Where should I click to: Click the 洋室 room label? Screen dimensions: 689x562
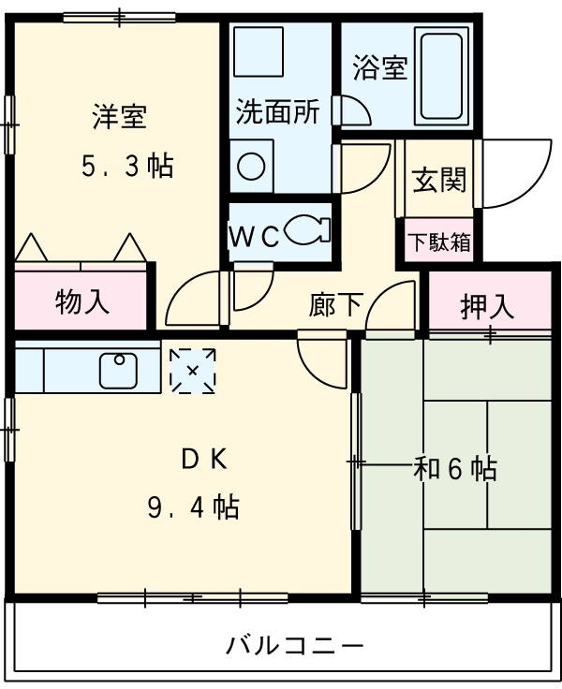pos(119,119)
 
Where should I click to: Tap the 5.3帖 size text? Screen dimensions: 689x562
pos(126,167)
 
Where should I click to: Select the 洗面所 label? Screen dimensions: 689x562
pos(277,112)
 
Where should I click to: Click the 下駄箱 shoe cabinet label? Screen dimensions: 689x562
pos(438,242)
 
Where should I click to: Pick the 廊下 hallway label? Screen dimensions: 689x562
pos(335,306)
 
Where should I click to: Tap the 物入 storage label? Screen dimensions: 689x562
pos(82,301)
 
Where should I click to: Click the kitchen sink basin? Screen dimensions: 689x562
pos(120,371)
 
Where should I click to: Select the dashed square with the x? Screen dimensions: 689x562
pos(193,371)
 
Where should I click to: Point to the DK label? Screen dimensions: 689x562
pos(203,461)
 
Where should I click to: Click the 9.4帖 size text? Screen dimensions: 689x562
pos(192,508)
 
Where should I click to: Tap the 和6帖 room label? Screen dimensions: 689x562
pos(455,467)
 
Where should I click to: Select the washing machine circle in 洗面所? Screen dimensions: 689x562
pos(251,166)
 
